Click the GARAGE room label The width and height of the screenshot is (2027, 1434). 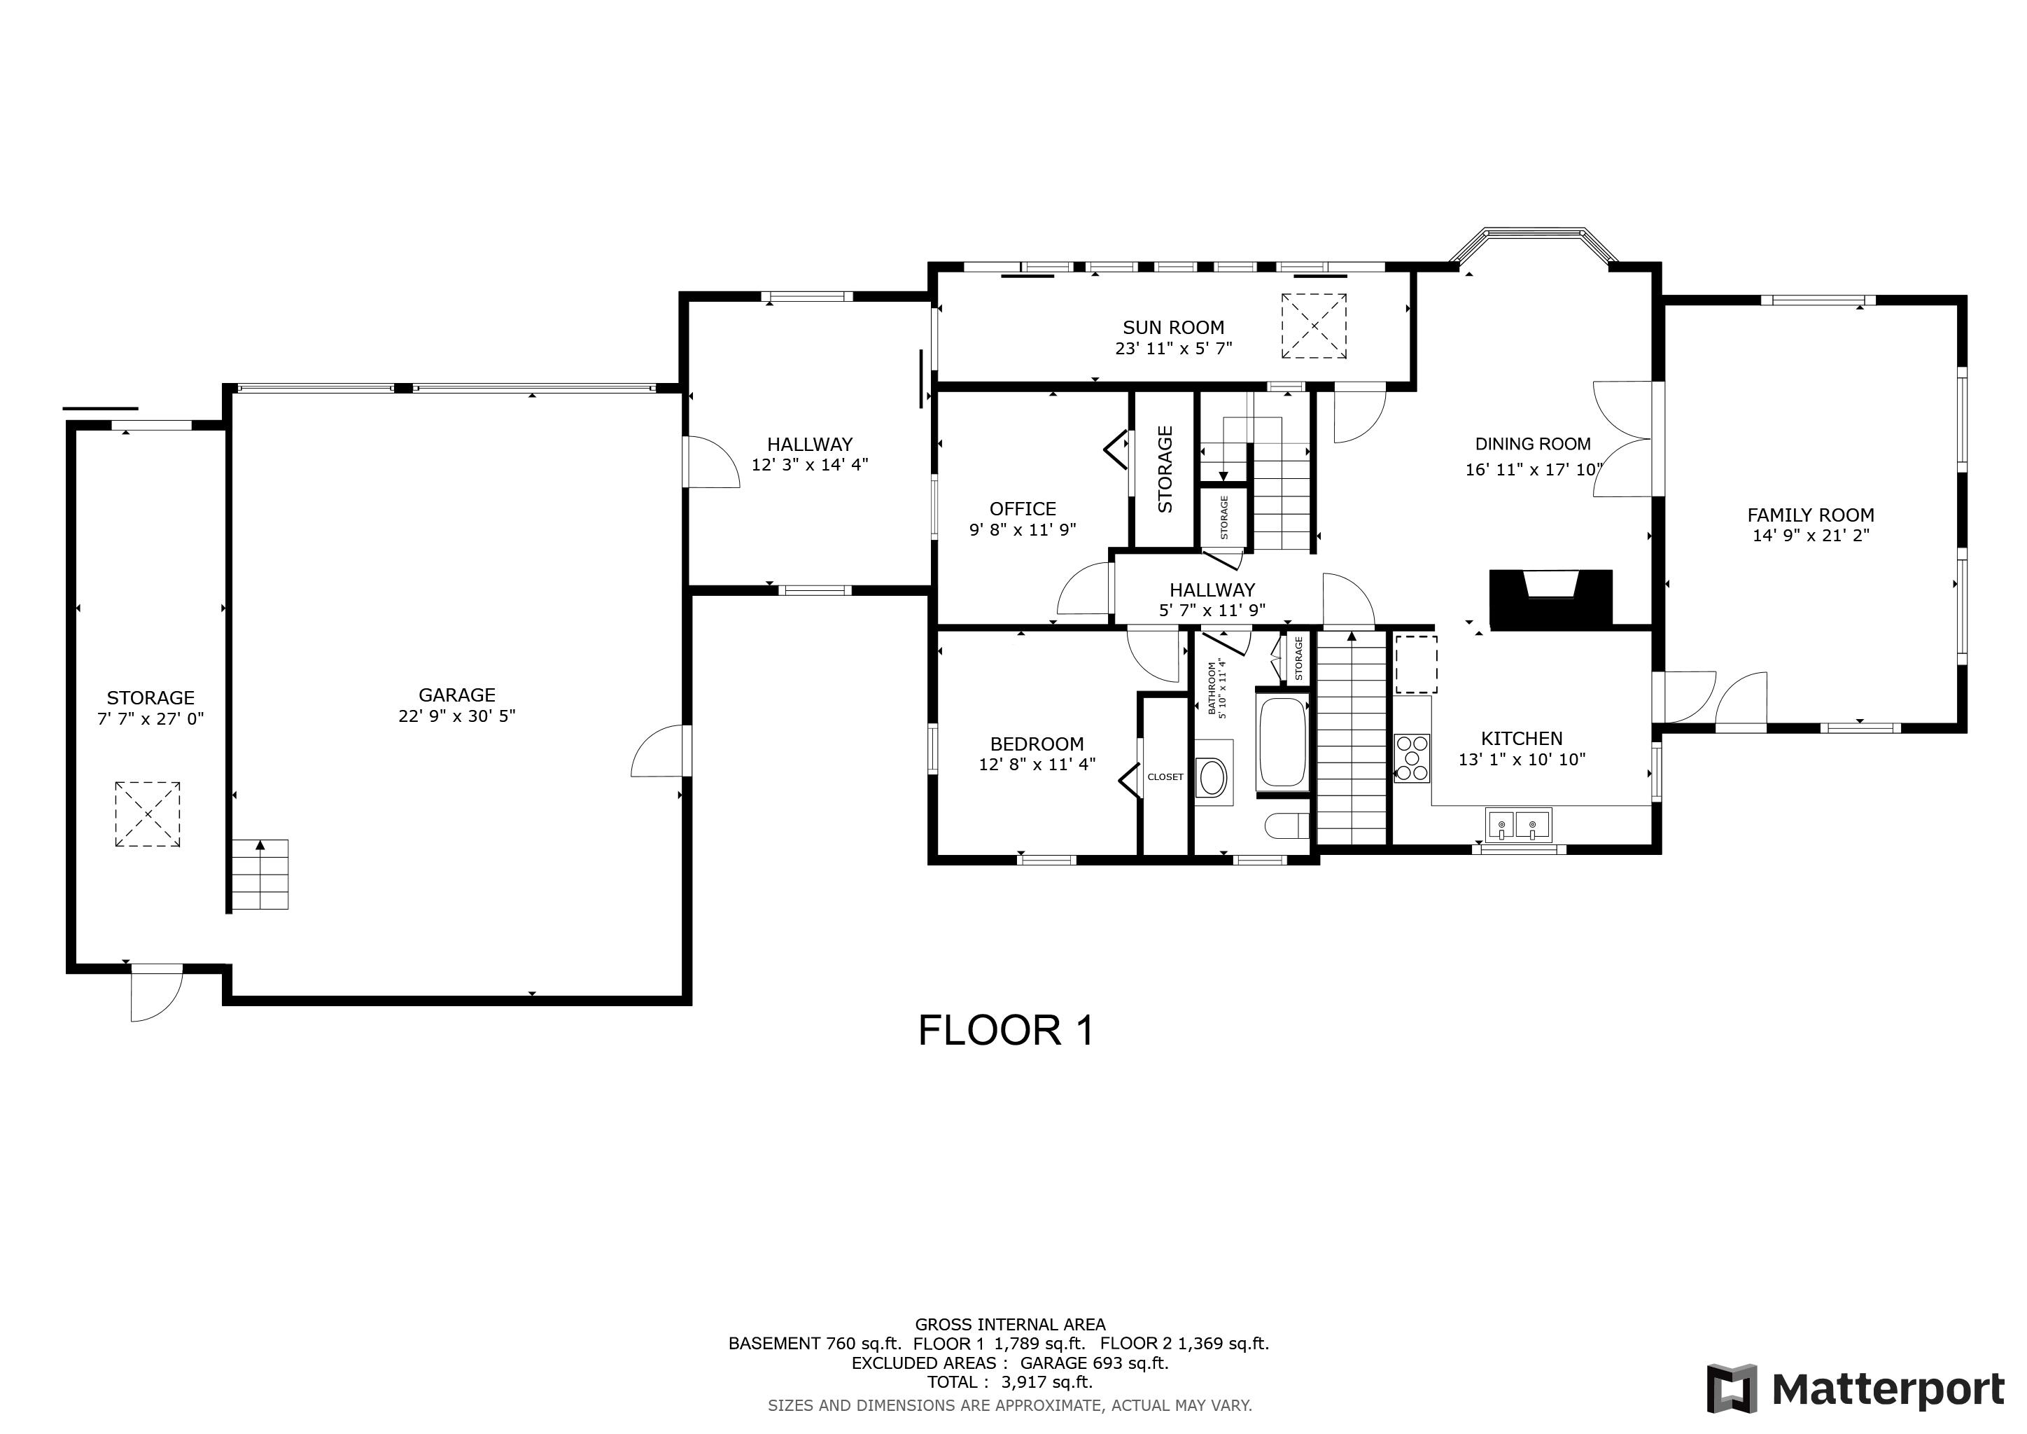pos(456,695)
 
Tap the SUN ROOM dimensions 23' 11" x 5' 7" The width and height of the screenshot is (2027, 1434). pos(1172,349)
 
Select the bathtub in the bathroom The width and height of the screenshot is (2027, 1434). pos(1281,743)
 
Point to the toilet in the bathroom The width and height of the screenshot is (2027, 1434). pos(1286,826)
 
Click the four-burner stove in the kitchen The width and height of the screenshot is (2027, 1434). pos(1412,758)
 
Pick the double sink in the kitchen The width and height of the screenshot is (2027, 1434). pos(1518,826)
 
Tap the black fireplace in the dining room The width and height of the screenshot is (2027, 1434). pos(1550,599)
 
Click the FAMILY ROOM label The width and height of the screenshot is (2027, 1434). pos(1810,515)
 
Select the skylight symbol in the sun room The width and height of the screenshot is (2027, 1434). pos(1314,326)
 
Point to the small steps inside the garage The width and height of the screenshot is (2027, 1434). pos(260,874)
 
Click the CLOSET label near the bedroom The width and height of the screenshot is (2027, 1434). pos(1165,777)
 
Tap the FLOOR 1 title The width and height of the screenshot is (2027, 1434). pos(1006,1031)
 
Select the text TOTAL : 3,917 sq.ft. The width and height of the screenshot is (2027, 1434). pos(1009,1382)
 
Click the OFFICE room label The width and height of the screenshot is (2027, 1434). pos(1023,508)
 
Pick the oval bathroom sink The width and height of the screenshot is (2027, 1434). pos(1213,778)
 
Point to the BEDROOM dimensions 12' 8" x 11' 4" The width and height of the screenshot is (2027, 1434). pos(1037,764)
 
